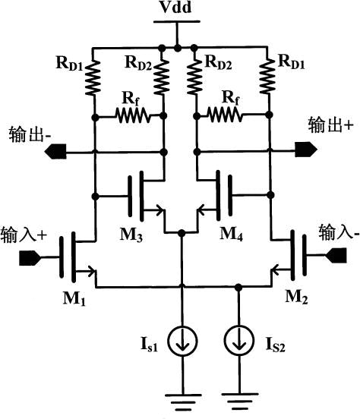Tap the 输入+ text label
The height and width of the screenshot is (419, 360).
tap(24, 233)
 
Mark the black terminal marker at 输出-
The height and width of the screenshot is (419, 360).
tap(54, 151)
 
